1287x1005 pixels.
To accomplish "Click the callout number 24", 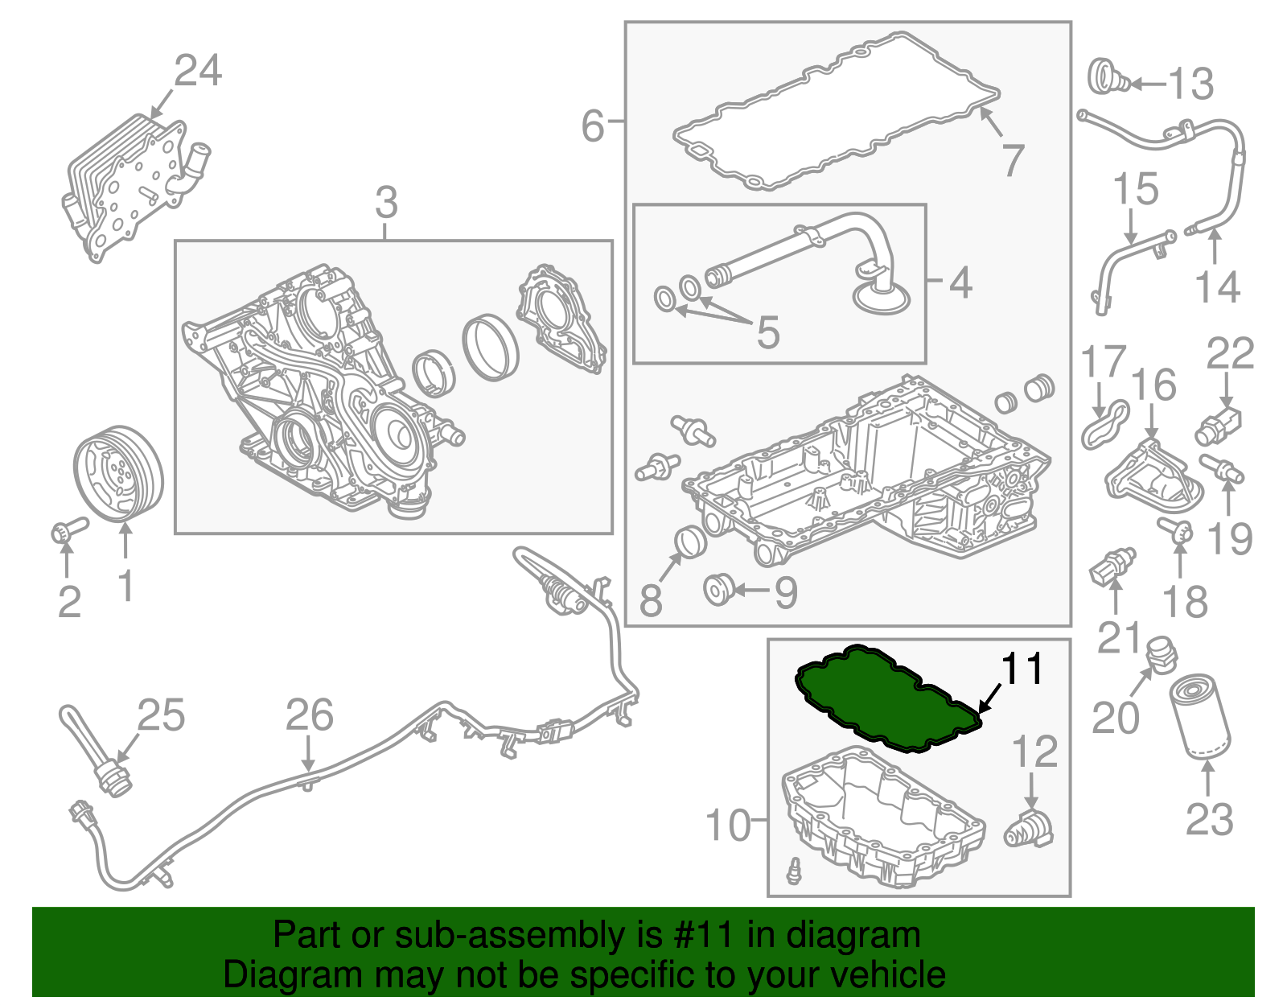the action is pyautogui.click(x=198, y=71).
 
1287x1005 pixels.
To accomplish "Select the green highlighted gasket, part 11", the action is pyautogui.click(x=887, y=698).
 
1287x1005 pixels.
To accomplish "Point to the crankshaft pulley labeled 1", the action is pyautogui.click(x=118, y=474).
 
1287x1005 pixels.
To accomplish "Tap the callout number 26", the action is pyautogui.click(x=309, y=715).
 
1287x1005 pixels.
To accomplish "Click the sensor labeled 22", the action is pyautogui.click(x=1218, y=426).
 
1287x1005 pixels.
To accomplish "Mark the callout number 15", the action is pyautogui.click(x=1136, y=189).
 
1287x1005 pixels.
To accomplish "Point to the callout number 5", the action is pyautogui.click(x=768, y=332).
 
